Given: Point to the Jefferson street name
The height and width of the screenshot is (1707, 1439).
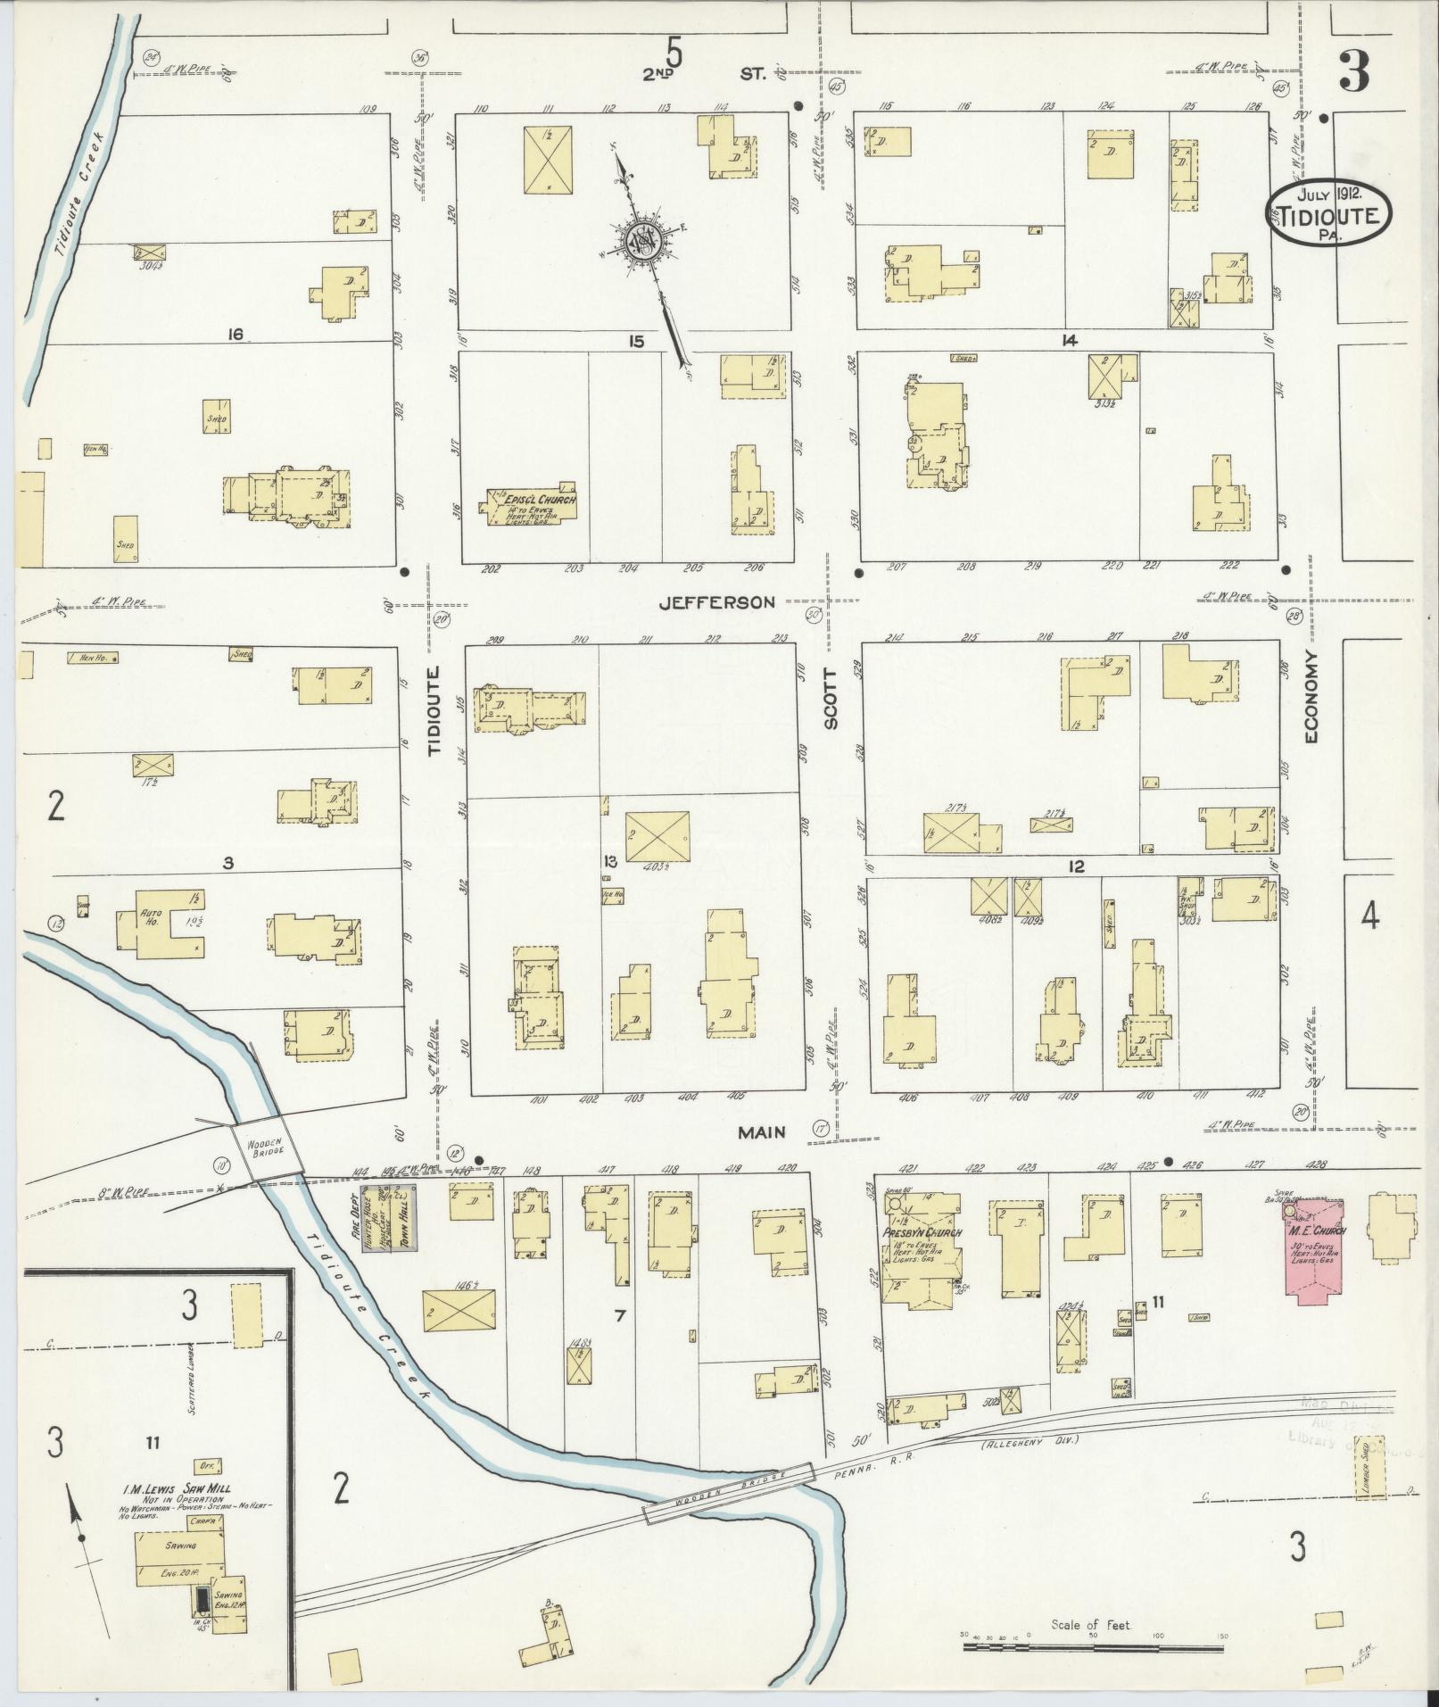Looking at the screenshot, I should click(717, 603).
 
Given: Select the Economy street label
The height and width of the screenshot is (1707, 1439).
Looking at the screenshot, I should click(1311, 708).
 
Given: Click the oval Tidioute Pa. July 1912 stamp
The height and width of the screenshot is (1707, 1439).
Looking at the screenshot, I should click(1328, 214).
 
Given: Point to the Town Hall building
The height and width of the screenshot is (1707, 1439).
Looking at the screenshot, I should click(400, 1220).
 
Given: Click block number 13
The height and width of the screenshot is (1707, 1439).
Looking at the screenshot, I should click(610, 861).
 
